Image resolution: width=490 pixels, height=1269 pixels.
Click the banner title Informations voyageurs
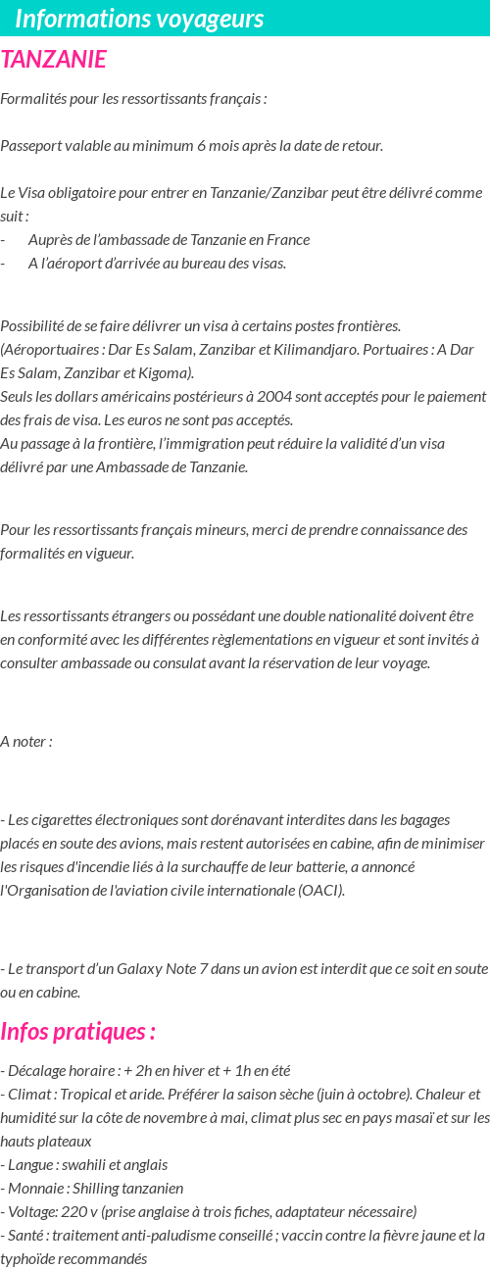[139, 19]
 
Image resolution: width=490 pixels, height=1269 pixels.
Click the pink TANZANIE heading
[54, 60]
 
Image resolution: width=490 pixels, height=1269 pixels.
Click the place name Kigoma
[167, 372]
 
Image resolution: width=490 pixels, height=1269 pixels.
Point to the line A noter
[26, 741]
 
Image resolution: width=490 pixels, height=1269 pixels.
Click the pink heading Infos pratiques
[77, 1032]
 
